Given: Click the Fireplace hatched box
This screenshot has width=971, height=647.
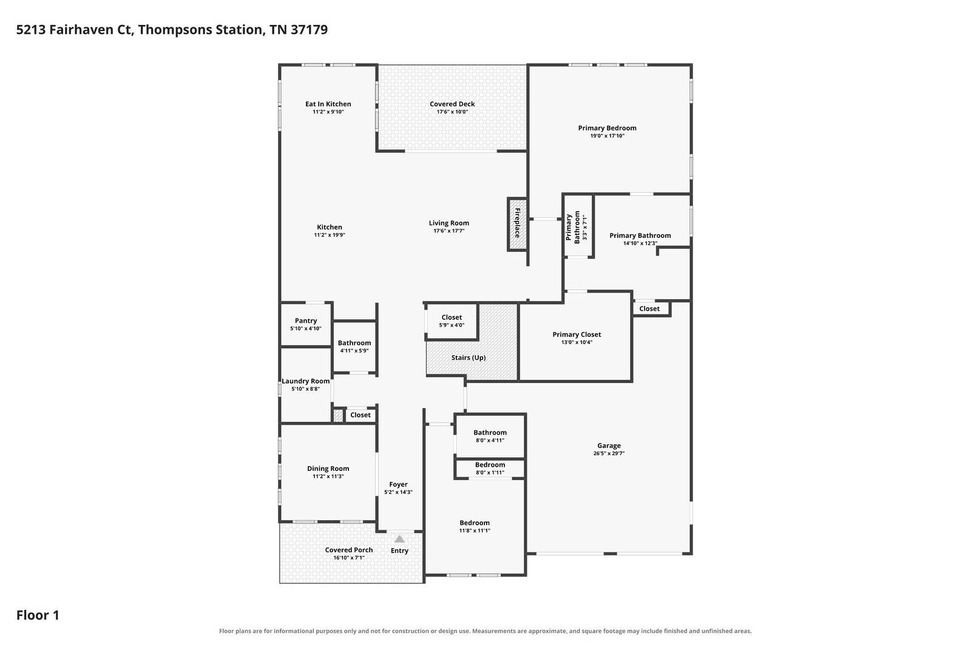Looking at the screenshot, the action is (517, 224).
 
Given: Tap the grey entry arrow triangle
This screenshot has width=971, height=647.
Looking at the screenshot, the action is (399, 539).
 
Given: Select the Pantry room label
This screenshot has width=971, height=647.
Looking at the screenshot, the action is (306, 320).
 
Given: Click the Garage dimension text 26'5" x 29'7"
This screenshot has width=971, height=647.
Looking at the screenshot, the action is (609, 453).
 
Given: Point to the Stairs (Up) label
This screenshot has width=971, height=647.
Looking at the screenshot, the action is (468, 357).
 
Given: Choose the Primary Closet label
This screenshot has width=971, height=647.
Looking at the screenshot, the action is (577, 334).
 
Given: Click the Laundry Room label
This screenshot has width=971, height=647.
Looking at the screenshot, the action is (306, 381).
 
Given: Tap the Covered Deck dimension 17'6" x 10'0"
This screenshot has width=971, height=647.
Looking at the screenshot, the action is (452, 112).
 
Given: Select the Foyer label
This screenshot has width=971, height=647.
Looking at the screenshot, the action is (398, 484).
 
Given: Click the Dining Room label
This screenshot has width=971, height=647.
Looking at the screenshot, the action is (328, 469).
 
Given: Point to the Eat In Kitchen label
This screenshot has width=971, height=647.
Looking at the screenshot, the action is (328, 104).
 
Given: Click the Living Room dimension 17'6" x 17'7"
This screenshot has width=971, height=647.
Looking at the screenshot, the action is (448, 231).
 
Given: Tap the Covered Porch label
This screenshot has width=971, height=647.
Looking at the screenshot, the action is (349, 550).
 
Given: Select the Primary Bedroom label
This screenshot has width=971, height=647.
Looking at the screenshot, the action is (607, 128).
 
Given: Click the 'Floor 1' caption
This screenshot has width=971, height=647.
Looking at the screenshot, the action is (38, 615).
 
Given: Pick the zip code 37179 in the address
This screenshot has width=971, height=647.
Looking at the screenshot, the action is (309, 30).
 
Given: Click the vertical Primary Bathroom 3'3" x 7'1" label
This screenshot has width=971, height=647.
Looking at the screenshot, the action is (577, 227).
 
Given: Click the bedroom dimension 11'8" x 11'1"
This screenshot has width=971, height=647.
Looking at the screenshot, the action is (475, 530).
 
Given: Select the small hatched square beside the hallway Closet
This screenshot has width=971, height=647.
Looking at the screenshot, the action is (338, 415).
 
